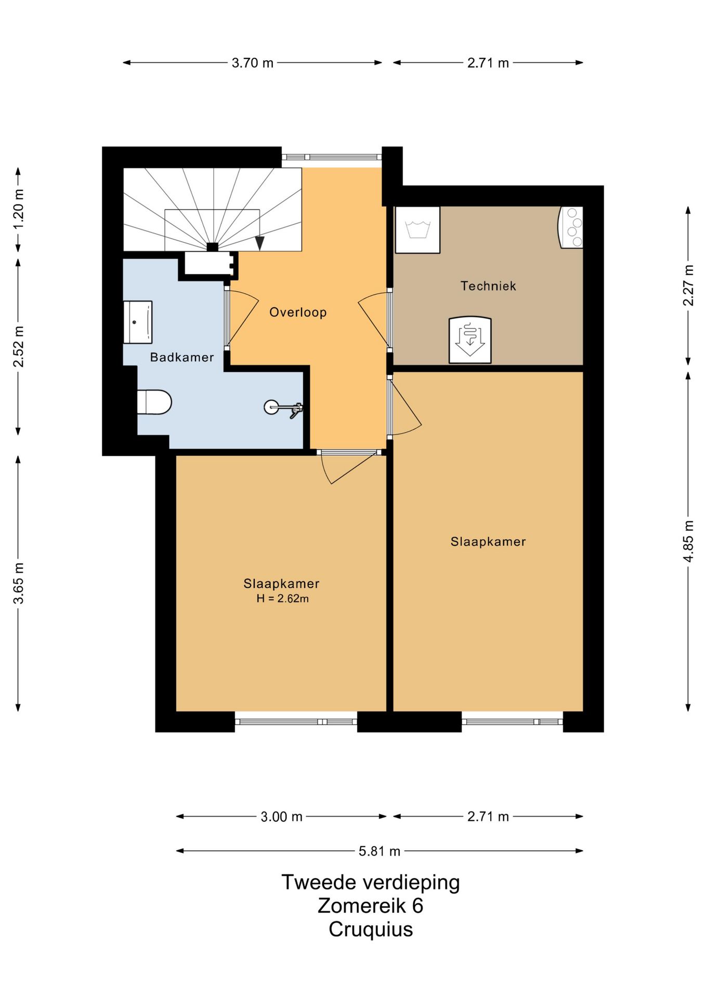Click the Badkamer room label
click(182, 357)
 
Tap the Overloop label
click(298, 312)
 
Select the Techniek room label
click(488, 286)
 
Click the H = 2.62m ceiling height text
click(282, 598)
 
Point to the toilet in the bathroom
click(154, 402)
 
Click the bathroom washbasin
click(138, 322)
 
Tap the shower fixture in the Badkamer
click(283, 408)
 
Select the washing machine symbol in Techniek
click(417, 230)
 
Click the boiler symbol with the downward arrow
click(470, 339)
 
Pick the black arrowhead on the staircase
click(259, 243)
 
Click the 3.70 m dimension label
click(253, 63)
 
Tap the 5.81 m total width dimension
click(380, 851)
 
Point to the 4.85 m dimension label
click(688, 541)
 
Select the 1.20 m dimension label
click(18, 209)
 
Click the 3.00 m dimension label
click(281, 817)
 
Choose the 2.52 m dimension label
click(18, 346)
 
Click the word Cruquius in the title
click(371, 929)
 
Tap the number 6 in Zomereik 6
click(417, 905)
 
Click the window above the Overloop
click(332, 157)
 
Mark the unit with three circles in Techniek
click(571, 228)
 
